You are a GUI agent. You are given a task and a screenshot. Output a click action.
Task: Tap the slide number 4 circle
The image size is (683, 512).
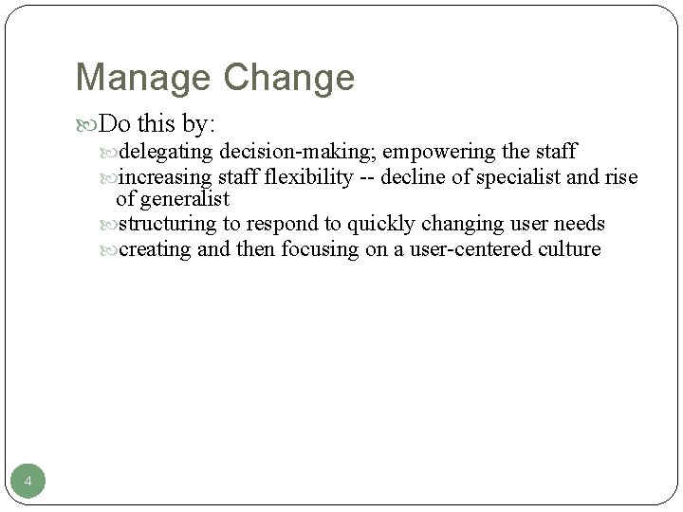[28, 484]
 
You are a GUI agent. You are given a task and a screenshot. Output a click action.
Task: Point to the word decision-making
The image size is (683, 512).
[298, 153]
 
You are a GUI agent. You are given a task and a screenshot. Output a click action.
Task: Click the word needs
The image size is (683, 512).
[580, 224]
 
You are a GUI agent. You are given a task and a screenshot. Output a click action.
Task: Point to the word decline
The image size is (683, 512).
[411, 177]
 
